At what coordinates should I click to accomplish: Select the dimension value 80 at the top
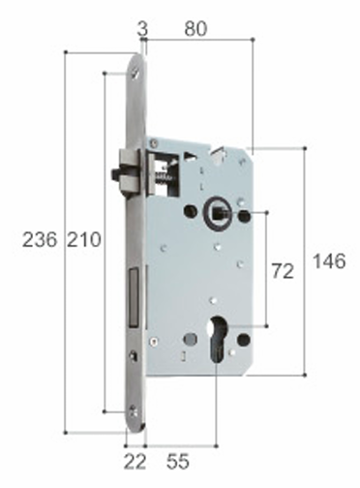click(195, 29)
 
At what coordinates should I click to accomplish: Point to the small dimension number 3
click(143, 29)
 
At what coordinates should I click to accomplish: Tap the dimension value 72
click(282, 272)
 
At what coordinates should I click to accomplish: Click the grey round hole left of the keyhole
click(187, 340)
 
